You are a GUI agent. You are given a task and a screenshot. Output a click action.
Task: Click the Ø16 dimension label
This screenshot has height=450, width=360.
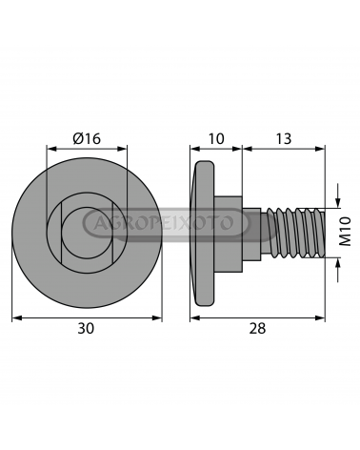87,139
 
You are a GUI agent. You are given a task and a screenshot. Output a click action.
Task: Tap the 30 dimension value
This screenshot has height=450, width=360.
86,328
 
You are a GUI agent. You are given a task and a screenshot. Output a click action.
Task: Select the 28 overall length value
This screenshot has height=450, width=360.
257,328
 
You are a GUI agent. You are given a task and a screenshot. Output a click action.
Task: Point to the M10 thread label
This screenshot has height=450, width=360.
345,232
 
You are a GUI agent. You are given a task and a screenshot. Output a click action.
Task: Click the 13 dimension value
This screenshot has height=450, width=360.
283,139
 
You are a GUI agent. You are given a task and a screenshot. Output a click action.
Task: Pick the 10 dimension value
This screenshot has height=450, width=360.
216,139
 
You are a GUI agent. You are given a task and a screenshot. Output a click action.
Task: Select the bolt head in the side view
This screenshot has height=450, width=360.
204,234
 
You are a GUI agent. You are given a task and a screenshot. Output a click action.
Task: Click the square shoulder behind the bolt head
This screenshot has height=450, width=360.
229,234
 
